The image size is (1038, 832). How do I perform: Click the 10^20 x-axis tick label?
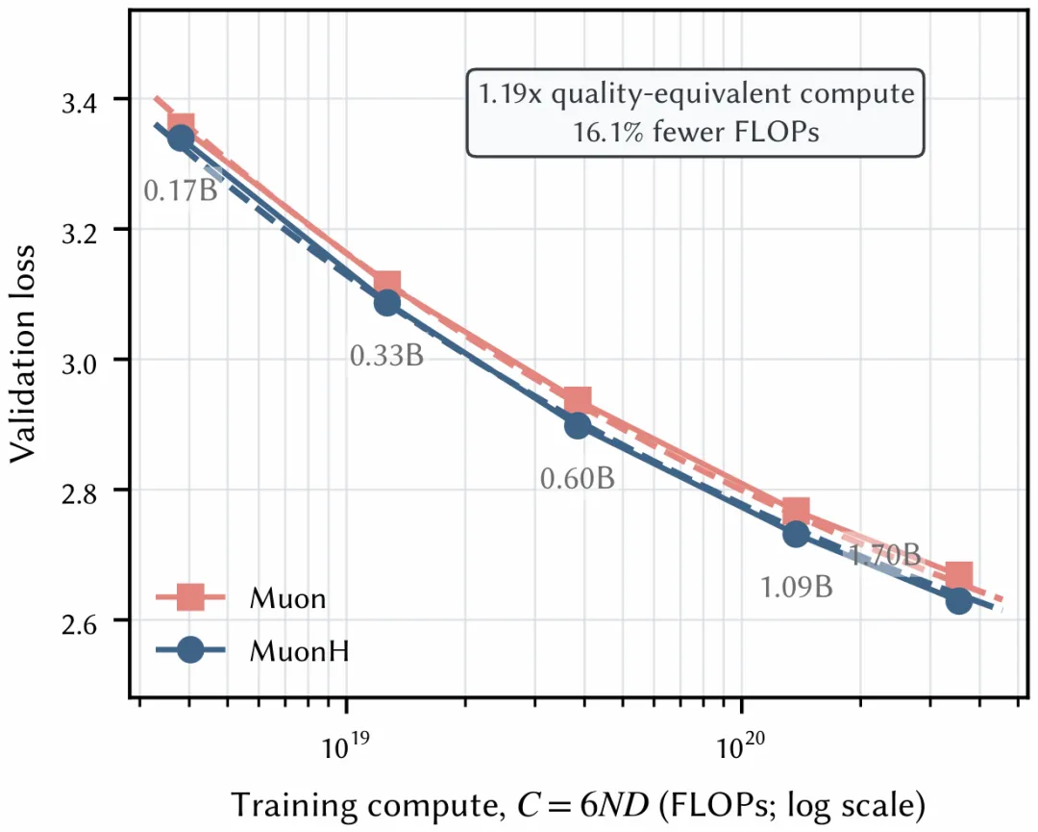point(741,744)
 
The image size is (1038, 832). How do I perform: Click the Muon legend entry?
point(241,598)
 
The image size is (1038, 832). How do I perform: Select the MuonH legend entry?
point(253,651)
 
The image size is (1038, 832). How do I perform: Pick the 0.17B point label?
point(181,190)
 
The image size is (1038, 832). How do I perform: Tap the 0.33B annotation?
point(386,356)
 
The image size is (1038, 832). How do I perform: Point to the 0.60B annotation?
point(578,478)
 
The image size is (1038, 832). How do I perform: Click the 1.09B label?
point(796,587)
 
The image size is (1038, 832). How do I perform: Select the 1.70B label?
point(885,554)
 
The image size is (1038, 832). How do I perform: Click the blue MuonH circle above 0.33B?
point(387,303)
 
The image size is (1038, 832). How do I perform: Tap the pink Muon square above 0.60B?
point(578,402)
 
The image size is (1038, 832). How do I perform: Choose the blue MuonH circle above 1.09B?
point(796,534)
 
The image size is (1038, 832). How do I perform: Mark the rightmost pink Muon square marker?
point(958,575)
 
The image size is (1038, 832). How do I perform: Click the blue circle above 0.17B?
point(181,139)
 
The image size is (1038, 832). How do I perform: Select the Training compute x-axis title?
point(578,805)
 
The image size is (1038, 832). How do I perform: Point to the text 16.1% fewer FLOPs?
point(696,132)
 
